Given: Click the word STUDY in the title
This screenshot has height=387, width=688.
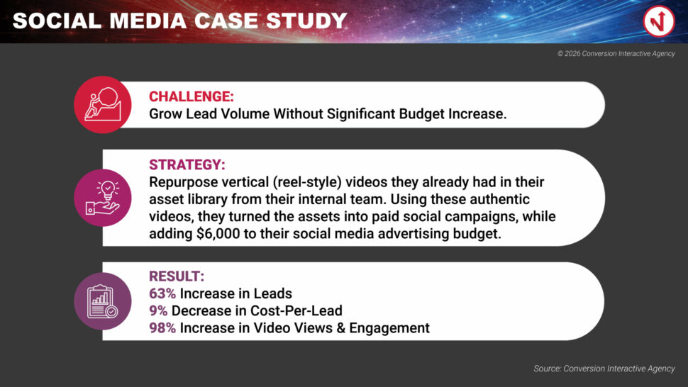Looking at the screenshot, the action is [x=306, y=21].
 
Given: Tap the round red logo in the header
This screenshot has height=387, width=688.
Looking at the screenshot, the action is [x=659, y=21].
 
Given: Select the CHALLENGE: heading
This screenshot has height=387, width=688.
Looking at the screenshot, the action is [x=192, y=96].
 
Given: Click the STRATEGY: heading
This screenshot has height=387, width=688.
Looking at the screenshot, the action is [x=187, y=164].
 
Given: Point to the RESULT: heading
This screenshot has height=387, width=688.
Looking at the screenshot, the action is [x=177, y=276].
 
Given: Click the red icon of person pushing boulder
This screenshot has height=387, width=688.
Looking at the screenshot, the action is [x=103, y=104].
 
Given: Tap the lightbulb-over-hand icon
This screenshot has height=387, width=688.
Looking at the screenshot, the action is [x=103, y=198].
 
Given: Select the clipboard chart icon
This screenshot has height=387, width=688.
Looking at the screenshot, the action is [x=103, y=301].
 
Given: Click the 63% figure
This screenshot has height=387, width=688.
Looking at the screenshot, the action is [x=162, y=293].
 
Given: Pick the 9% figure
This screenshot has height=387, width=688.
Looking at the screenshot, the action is [x=158, y=310].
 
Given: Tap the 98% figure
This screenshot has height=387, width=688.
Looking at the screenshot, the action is [x=162, y=328].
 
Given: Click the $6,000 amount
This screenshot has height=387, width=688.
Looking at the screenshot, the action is [x=218, y=234].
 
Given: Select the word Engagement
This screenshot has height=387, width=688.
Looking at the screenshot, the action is [x=389, y=328].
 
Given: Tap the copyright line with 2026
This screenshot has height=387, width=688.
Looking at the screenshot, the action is [x=616, y=53].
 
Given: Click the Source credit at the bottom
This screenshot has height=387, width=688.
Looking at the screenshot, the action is [x=604, y=369].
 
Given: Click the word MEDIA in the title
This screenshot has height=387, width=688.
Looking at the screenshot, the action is [x=148, y=21].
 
